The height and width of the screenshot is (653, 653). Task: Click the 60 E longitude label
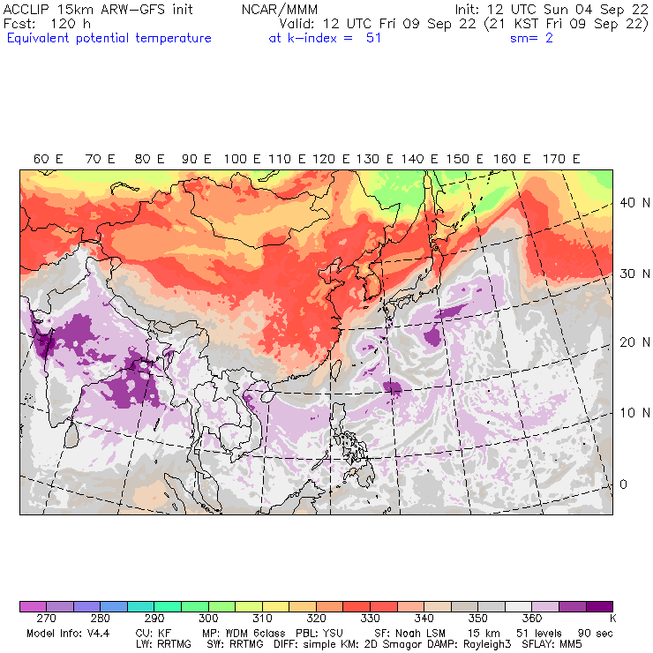pos(48,159)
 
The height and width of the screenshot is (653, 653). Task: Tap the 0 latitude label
pos(622,484)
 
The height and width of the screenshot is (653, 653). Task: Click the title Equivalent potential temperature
pos(109,38)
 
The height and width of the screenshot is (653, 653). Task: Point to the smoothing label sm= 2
pos(531,38)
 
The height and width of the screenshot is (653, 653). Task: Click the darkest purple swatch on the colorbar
pos(599,607)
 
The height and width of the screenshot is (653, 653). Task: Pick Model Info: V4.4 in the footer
pos(65,634)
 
